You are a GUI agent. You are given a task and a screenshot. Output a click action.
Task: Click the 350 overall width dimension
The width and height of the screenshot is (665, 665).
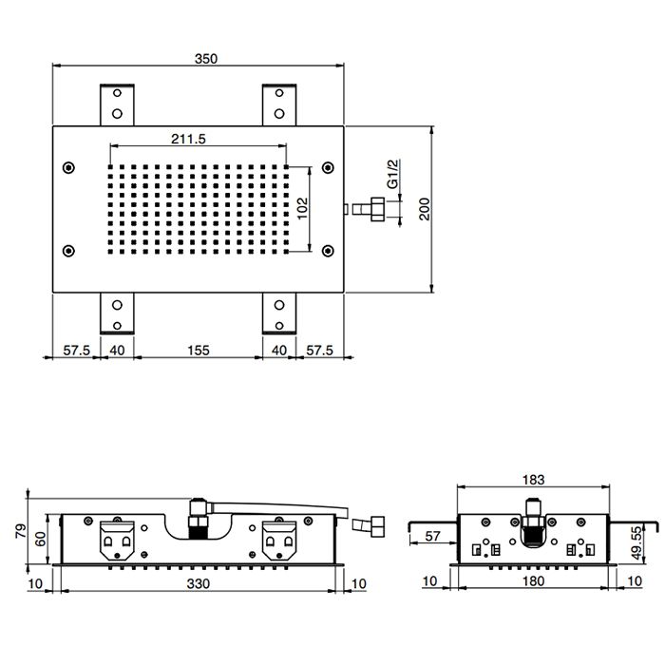click(x=206, y=59)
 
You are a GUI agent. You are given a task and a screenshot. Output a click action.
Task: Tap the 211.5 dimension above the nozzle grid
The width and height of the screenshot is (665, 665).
click(x=188, y=139)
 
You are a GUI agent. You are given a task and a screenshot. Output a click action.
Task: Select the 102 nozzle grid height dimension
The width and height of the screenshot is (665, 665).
click(x=302, y=208)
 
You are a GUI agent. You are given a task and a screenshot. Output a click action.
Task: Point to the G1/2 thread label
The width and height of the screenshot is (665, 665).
click(x=393, y=174)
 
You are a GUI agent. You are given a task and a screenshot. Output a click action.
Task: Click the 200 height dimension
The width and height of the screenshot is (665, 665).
click(x=424, y=209)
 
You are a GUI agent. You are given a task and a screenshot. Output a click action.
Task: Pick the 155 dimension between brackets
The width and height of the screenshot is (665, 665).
click(x=199, y=351)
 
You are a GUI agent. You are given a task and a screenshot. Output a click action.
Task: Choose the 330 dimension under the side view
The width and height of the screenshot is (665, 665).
click(x=199, y=583)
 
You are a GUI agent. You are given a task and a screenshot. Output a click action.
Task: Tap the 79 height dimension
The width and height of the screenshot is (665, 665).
click(x=20, y=531)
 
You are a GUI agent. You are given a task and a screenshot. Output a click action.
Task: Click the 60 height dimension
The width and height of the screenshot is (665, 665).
click(x=40, y=540)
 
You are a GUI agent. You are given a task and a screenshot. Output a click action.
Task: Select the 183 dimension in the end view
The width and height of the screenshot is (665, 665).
click(x=533, y=480)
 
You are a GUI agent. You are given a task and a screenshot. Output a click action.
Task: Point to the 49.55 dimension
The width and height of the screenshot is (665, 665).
click(x=636, y=542)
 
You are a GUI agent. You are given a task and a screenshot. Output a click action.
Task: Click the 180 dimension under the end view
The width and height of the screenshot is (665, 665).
click(x=533, y=581)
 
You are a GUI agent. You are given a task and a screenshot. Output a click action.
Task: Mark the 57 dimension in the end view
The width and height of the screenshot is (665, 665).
click(x=432, y=536)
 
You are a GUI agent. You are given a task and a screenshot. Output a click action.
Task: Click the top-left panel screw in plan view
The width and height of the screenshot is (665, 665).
click(x=68, y=168)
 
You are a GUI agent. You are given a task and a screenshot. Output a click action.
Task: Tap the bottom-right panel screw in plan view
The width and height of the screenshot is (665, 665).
click(x=328, y=251)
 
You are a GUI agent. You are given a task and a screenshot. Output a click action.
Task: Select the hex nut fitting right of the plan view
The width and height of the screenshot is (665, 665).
click(x=377, y=209)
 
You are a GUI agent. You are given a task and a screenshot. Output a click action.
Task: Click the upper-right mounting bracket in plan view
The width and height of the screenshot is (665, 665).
click(x=279, y=104)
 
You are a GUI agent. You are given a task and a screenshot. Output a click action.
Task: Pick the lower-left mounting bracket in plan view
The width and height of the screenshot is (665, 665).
click(x=117, y=313)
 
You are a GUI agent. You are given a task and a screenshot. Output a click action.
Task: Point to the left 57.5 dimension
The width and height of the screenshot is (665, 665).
click(x=77, y=351)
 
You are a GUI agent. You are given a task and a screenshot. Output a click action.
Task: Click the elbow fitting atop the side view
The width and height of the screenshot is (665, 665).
click(x=198, y=507)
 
